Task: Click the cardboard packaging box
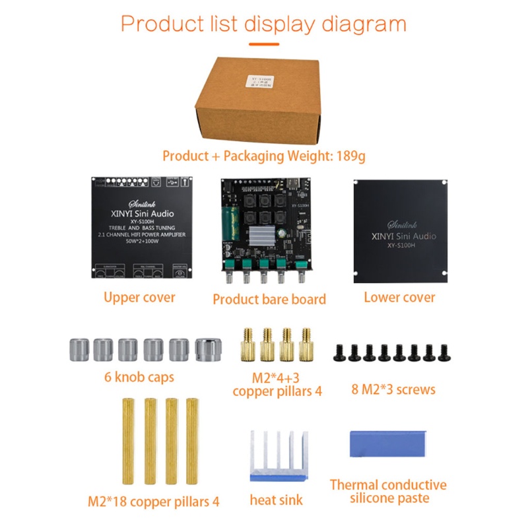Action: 263,99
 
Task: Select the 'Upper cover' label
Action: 139,297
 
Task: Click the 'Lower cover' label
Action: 399,297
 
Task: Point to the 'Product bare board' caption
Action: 269,299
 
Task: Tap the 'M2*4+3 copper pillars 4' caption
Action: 277,384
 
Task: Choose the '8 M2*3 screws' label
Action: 394,389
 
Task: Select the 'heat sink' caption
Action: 276,500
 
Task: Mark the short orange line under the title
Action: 263,46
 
